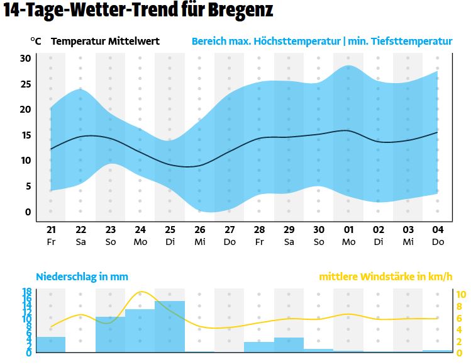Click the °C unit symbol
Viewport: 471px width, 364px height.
pyautogui.click(x=36, y=42)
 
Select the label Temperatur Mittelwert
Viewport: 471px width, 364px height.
pyautogui.click(x=105, y=42)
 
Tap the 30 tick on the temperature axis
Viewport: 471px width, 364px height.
pyautogui.click(x=26, y=59)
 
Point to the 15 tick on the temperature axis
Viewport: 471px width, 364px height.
pyautogui.click(x=26, y=135)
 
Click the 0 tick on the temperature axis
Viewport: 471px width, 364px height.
pyautogui.click(x=28, y=212)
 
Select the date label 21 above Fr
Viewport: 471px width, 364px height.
pyautogui.click(x=51, y=230)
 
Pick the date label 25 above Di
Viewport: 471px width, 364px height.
pyautogui.click(x=170, y=230)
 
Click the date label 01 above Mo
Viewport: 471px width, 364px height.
pyautogui.click(x=348, y=230)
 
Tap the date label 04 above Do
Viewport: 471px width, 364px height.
pyautogui.click(x=437, y=230)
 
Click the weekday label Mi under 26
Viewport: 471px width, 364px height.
pyautogui.click(x=199, y=241)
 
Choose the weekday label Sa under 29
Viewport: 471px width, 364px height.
pyautogui.click(x=289, y=241)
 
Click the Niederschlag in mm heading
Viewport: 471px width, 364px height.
pyautogui.click(x=82, y=276)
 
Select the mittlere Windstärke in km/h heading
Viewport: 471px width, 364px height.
pyautogui.click(x=385, y=276)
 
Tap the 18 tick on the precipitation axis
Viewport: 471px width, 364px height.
pyautogui.click(x=27, y=292)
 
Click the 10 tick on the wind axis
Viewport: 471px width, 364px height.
pyautogui.click(x=461, y=294)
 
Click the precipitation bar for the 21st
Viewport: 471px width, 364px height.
pyautogui.click(x=51, y=344)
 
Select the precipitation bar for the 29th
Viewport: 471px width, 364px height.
pyautogui.click(x=289, y=345)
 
